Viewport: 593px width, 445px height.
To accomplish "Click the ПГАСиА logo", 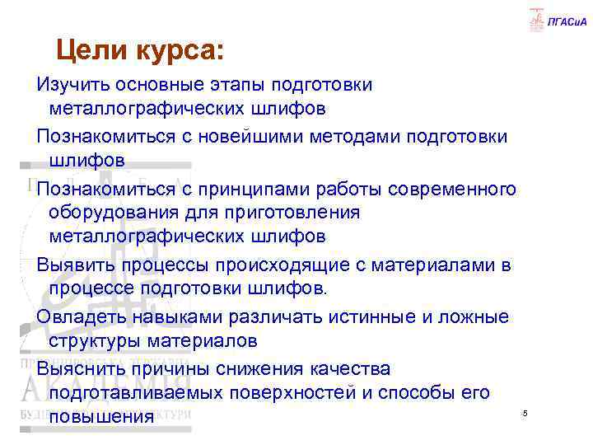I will pyautogui.click(x=549, y=20).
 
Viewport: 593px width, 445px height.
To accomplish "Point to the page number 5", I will pyautogui.click(x=525, y=412).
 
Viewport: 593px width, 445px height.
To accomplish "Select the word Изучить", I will pyautogui.click(x=72, y=85).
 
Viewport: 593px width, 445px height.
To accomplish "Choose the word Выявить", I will pyautogui.click(x=76, y=265).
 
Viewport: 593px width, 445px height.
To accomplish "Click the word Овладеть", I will pyautogui.click(x=79, y=316).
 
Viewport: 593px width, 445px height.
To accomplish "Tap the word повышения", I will pyautogui.click(x=101, y=417).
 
